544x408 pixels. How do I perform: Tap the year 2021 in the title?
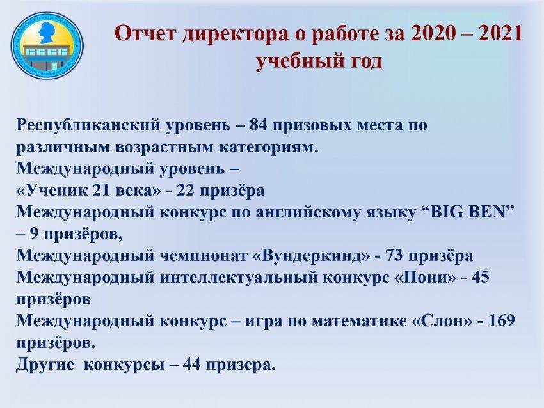(x=500, y=34)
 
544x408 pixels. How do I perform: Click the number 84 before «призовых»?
(x=259, y=125)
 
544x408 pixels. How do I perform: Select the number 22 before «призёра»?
(x=186, y=191)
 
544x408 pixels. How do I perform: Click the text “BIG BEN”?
(x=469, y=212)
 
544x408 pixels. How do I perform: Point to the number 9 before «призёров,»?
(x=34, y=234)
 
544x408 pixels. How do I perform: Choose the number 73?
(x=394, y=256)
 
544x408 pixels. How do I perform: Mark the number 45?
(x=480, y=278)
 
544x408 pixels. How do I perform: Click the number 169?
(x=501, y=321)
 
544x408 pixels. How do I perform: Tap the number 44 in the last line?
(x=192, y=365)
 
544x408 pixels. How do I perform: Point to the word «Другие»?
(x=45, y=365)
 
